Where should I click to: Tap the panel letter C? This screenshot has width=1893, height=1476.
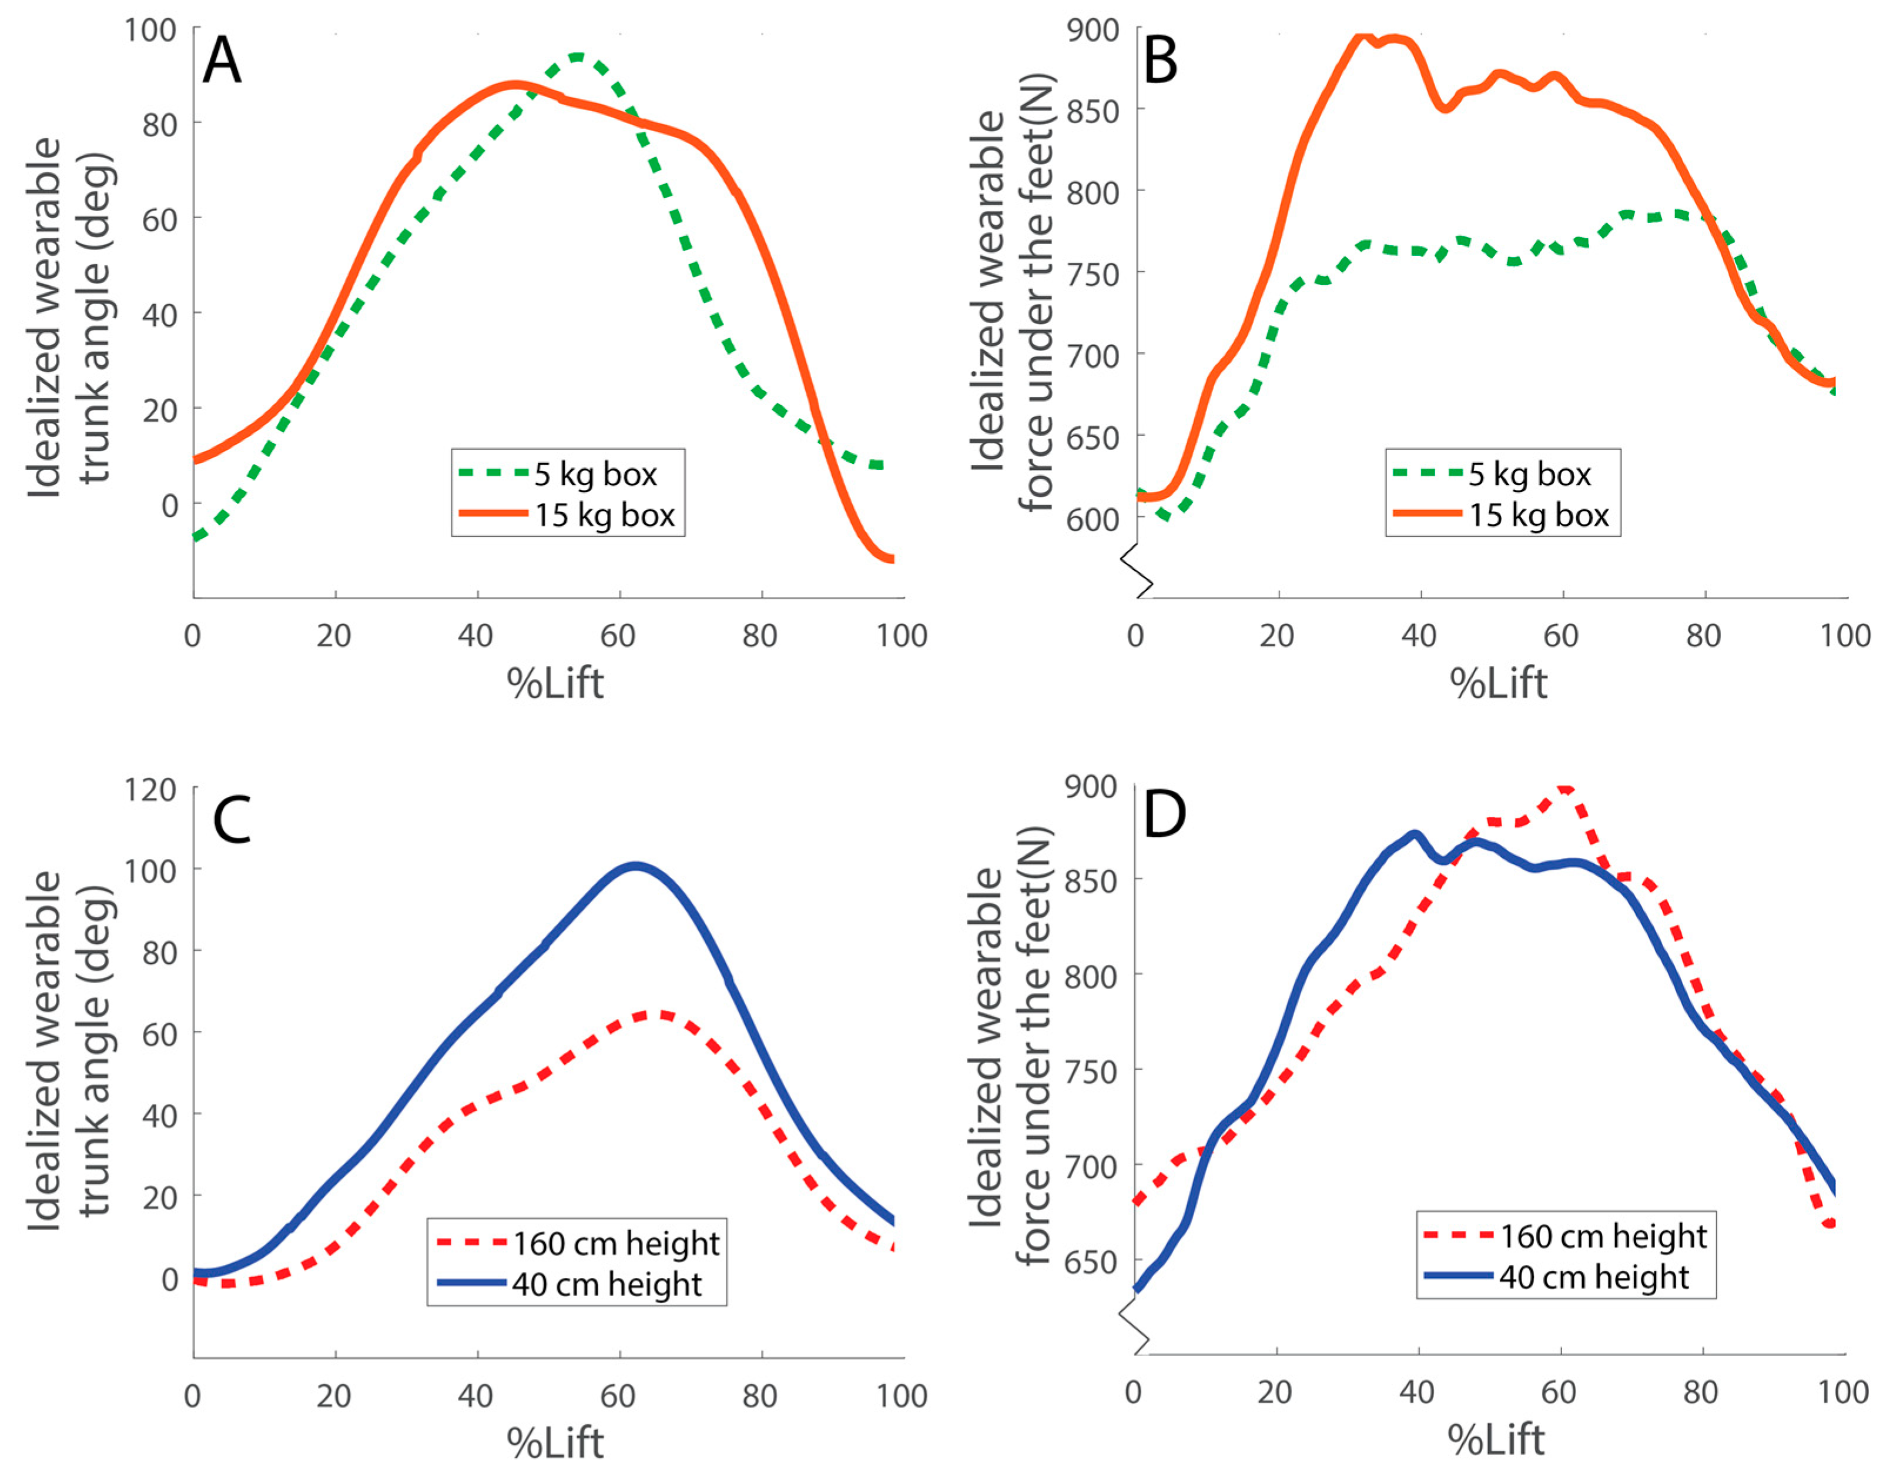(x=232, y=820)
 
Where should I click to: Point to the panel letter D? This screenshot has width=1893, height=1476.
(x=1164, y=814)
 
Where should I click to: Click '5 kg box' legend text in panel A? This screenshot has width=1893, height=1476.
(x=595, y=475)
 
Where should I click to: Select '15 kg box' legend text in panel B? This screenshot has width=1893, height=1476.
(x=1539, y=515)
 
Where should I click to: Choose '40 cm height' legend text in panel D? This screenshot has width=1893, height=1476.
(x=1594, y=1277)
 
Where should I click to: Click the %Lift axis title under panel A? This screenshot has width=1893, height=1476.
(x=555, y=683)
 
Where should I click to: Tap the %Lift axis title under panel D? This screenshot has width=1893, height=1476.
(x=1496, y=1440)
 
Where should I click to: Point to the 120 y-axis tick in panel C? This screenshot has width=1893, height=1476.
(x=150, y=789)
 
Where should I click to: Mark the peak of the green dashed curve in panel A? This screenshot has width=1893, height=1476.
(x=577, y=57)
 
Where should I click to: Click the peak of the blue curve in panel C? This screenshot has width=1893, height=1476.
(x=635, y=866)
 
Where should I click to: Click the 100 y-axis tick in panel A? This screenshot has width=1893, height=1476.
(x=150, y=31)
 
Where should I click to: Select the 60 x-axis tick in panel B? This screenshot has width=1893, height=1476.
(x=1561, y=636)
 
